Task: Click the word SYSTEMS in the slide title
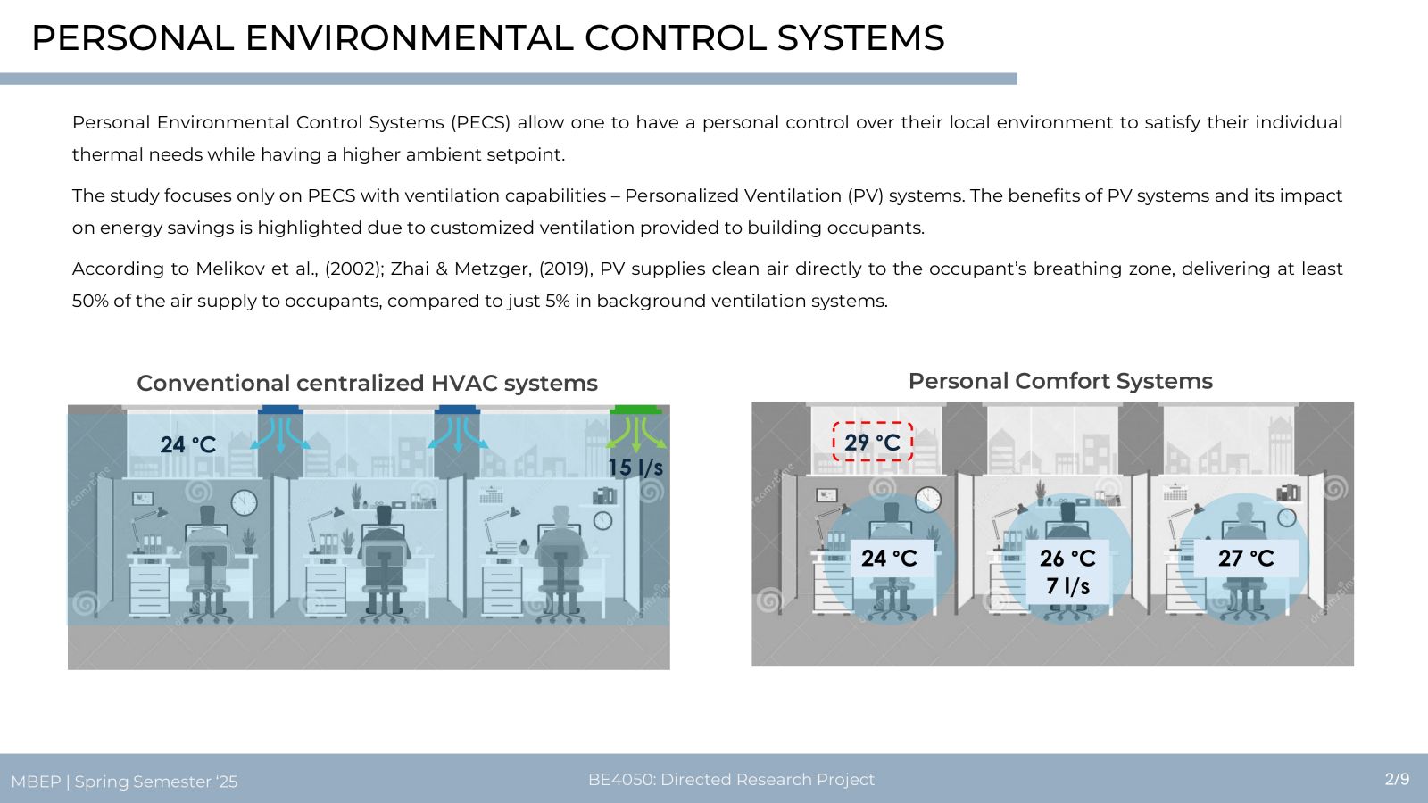(860, 37)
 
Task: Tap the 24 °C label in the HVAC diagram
(188, 445)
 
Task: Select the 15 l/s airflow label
(635, 468)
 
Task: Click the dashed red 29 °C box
(873, 442)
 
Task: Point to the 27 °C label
(1246, 559)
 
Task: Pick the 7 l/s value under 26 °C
(1067, 586)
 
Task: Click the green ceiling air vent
(635, 410)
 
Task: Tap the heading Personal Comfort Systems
(1060, 381)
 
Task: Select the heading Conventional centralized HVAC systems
(367, 383)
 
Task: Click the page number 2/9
(1397, 779)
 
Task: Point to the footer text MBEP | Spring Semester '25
(124, 782)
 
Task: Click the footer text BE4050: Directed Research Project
(731, 780)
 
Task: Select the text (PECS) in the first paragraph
(481, 122)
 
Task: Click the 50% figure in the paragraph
(89, 301)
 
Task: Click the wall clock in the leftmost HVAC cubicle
(244, 503)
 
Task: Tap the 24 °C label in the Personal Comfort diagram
(889, 559)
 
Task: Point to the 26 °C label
(1067, 559)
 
